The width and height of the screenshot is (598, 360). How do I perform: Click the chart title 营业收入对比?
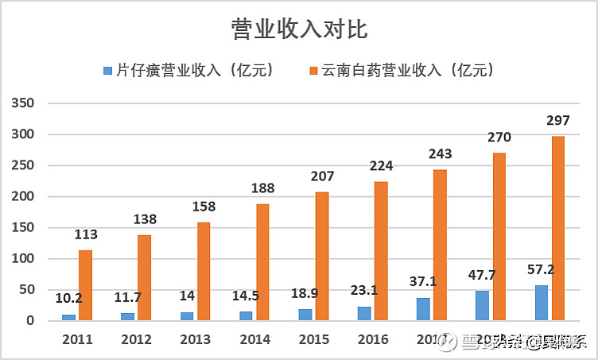[x=299, y=29]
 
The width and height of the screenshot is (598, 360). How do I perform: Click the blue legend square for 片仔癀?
[x=108, y=71]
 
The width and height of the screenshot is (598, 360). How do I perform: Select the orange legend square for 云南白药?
[x=311, y=71]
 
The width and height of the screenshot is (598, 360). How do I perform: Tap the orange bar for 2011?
[x=85, y=285]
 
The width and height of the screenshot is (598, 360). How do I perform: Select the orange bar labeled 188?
[x=262, y=262]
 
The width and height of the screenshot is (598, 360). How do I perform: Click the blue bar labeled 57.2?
[x=541, y=303]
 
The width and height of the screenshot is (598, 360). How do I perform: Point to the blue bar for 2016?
[x=363, y=313]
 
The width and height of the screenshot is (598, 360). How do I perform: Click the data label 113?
[x=85, y=236]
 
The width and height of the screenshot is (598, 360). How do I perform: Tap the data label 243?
[x=440, y=155]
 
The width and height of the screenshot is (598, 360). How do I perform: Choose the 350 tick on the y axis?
[x=23, y=103]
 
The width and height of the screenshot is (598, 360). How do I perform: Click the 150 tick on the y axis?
[x=23, y=228]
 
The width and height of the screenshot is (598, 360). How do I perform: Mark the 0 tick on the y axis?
[x=30, y=321]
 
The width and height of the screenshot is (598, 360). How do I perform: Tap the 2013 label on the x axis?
[x=196, y=339]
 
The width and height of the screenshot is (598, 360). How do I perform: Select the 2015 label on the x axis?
[x=314, y=339]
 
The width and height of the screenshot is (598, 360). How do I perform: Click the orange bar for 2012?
[x=144, y=277]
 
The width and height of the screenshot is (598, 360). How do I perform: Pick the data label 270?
[x=499, y=137]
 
